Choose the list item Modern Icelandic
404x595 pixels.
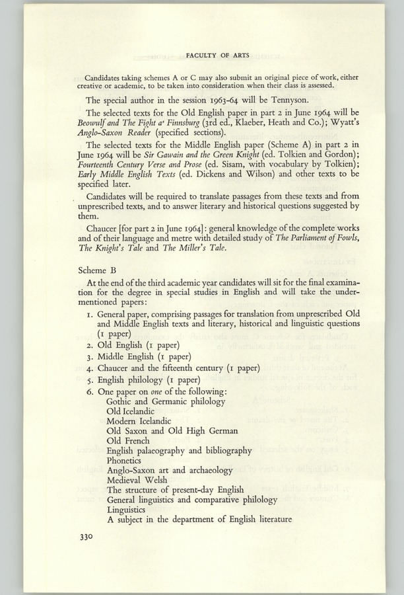(x=139, y=421)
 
